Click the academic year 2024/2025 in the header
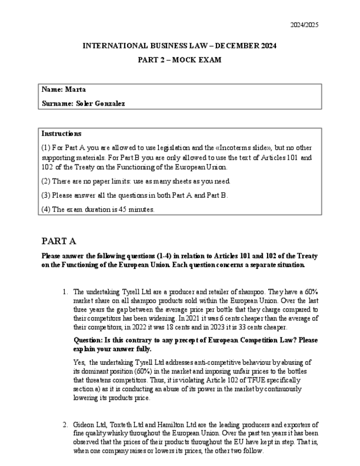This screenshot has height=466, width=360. tap(304, 25)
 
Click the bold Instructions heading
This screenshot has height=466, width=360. tap(62, 134)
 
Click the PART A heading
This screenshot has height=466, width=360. tap(59, 241)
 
